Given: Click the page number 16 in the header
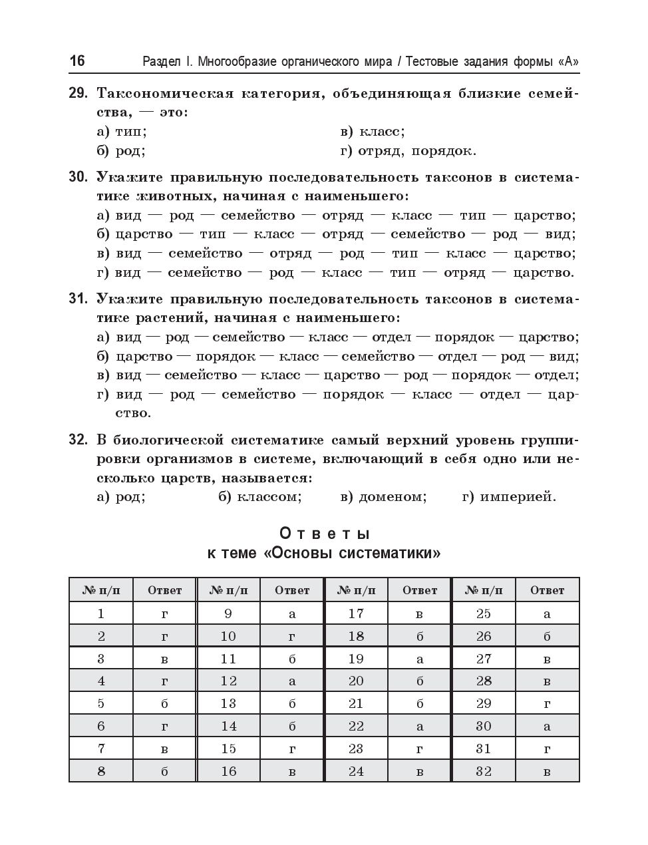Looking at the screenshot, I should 77,61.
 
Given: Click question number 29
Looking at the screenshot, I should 78,93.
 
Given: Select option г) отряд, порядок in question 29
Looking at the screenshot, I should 408,151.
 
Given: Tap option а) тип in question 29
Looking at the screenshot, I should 122,132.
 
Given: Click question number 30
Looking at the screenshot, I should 78,178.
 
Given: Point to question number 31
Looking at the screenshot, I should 78,299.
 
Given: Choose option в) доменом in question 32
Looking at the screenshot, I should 383,497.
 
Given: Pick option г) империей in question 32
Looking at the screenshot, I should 509,497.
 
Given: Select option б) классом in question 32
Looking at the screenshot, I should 260,497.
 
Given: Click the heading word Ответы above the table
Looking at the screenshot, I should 324,534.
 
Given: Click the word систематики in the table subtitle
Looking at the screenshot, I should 389,554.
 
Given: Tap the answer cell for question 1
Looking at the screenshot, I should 164,613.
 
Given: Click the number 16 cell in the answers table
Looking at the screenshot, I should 228,771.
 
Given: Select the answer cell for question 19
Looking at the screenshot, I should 420,659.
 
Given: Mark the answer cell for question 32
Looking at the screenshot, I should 548,771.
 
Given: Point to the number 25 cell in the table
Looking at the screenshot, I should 484,613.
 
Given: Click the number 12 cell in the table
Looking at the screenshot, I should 228,681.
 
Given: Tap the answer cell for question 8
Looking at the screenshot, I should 164,771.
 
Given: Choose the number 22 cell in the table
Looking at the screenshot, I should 356,726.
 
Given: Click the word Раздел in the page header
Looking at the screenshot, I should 162,62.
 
